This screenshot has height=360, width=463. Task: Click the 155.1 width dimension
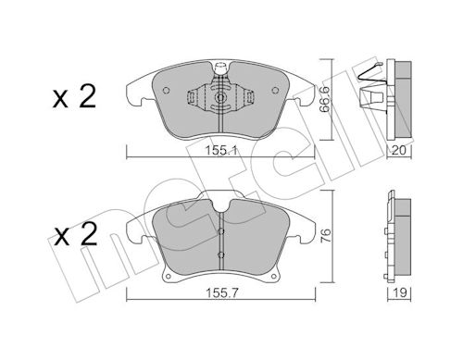(x=220, y=151)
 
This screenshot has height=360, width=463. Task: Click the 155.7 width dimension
(x=221, y=292)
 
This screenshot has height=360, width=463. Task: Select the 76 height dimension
(x=327, y=235)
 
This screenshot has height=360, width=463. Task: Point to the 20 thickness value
(x=399, y=151)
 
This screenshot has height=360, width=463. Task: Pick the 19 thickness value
(x=400, y=292)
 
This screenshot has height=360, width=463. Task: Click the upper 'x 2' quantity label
(x=74, y=97)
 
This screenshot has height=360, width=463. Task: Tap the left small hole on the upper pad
(x=166, y=90)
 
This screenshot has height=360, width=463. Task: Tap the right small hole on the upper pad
(x=275, y=90)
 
